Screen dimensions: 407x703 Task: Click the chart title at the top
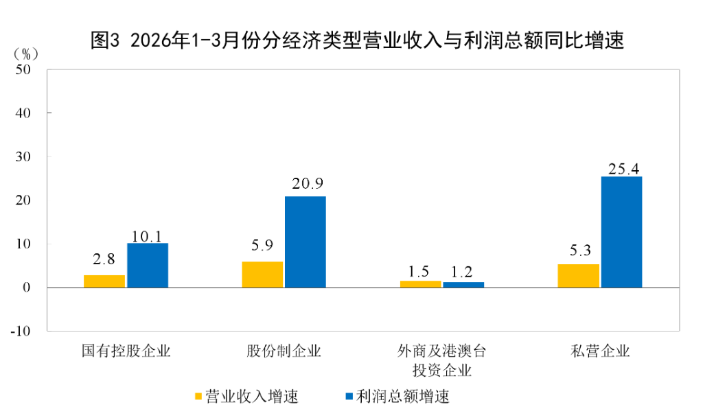click(357, 40)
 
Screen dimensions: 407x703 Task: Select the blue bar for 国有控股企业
click(148, 265)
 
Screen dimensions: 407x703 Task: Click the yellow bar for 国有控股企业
click(104, 281)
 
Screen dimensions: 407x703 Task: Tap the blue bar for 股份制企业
click(306, 242)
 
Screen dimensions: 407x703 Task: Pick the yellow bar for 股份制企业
click(262, 274)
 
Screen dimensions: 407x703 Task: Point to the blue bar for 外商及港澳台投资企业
click(463, 284)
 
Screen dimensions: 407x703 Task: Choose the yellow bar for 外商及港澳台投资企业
click(420, 283)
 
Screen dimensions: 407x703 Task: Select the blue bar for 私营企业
click(621, 232)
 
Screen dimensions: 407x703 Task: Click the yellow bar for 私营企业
click(578, 275)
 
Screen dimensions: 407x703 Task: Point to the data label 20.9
click(306, 184)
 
